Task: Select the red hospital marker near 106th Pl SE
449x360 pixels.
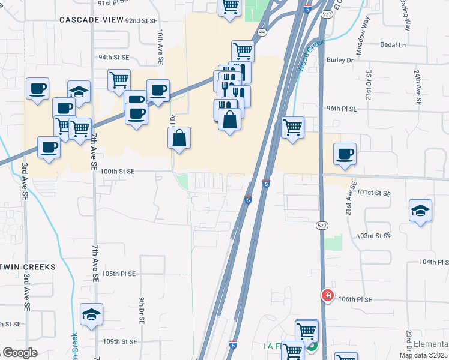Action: pos(327,295)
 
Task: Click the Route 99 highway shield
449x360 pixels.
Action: pos(262,32)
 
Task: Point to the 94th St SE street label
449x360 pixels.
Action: pos(114,58)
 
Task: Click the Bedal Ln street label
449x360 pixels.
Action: pos(393,45)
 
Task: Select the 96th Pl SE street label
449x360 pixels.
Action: pos(342,109)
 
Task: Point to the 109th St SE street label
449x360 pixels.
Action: pos(120,342)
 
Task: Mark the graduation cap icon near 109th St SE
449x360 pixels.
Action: pos(91,314)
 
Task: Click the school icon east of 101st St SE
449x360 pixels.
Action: pos(420,210)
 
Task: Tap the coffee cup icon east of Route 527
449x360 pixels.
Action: pos(345,154)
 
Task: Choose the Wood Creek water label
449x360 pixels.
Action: pos(310,56)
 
